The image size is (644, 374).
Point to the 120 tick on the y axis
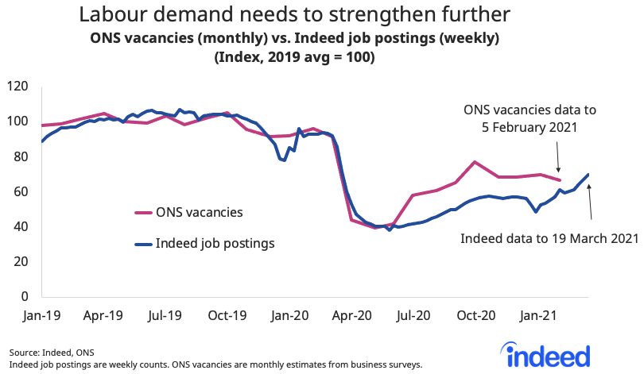18,87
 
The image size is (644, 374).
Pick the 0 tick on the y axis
25,296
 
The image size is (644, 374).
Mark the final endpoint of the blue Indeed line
588,175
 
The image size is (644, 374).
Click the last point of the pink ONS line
560,180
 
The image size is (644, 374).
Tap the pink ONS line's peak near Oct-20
475,162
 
